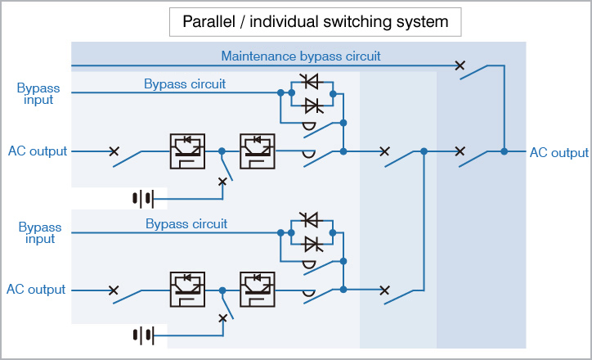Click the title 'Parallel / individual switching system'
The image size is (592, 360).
pos(315,22)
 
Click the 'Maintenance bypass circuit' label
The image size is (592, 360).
pos(301,56)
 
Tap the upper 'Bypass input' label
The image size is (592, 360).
pos(36,93)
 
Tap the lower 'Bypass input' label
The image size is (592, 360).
pos(36,232)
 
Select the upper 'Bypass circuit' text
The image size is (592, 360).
pos(185,83)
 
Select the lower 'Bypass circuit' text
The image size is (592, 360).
pos(186,223)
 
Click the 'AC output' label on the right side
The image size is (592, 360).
pos(558,152)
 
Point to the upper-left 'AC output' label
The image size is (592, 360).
pos(36,151)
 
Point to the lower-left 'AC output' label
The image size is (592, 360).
pos(36,290)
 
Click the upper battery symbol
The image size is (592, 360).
pos(143,197)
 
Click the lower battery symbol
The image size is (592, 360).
pos(143,335)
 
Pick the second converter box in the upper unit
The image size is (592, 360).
pos(258,151)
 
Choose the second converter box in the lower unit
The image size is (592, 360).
pos(258,289)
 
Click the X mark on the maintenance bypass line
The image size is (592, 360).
pos(460,65)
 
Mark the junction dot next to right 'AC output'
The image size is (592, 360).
pos(505,151)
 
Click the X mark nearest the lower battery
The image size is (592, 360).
pos(222,318)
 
